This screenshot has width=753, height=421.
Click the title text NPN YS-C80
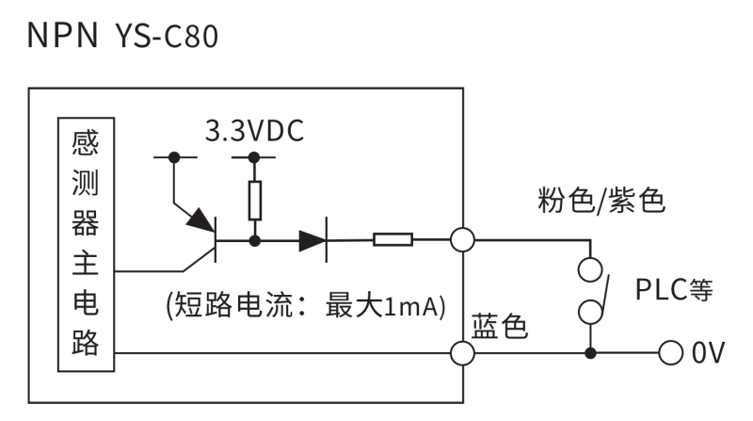pyautogui.click(x=123, y=35)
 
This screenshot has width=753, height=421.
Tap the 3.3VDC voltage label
pyautogui.click(x=255, y=132)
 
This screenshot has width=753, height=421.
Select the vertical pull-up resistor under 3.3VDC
pyautogui.click(x=254, y=200)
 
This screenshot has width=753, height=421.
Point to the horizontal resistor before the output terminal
pyautogui.click(x=393, y=240)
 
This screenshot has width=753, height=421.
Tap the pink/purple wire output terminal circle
pyautogui.click(x=462, y=240)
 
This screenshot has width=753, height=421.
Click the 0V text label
pyautogui.click(x=708, y=354)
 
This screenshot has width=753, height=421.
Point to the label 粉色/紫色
pyautogui.click(x=601, y=200)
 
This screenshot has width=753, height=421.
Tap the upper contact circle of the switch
pyautogui.click(x=590, y=269)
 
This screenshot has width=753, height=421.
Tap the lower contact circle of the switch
pyautogui.click(x=590, y=311)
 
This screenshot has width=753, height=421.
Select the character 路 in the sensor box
pyautogui.click(x=85, y=343)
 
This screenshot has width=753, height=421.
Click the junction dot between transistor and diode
pyautogui.click(x=254, y=240)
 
